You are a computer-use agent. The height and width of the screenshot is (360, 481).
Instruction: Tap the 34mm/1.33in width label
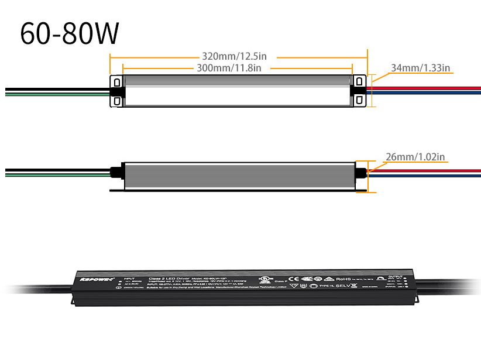tap(420, 68)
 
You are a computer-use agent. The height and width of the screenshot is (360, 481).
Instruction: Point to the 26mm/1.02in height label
tap(415, 157)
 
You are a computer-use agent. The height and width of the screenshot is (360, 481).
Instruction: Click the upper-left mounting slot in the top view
tap(116, 81)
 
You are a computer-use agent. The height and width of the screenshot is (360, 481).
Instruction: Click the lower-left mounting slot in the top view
tap(116, 101)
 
